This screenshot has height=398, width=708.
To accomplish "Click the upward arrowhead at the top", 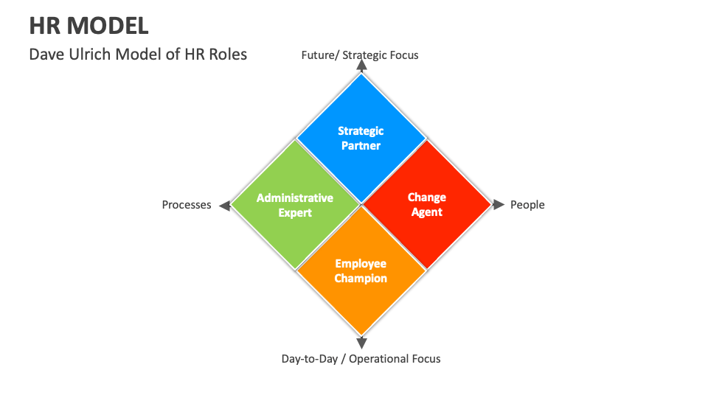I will (x=361, y=65).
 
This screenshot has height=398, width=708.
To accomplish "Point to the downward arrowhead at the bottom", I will (x=361, y=343).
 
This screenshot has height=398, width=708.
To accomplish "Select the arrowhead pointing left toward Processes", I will (x=226, y=205).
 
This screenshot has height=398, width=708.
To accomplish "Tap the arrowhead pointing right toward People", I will (x=499, y=205).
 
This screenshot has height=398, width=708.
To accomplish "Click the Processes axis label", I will (x=187, y=205).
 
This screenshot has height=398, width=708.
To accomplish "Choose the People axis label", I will (x=527, y=205).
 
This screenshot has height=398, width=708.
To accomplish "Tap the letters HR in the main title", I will (x=45, y=26).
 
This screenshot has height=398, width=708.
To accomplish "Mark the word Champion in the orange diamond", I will (x=361, y=279).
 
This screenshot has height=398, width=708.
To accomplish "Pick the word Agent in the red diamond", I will (x=427, y=212).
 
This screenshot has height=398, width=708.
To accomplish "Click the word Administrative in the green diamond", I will (x=295, y=198).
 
